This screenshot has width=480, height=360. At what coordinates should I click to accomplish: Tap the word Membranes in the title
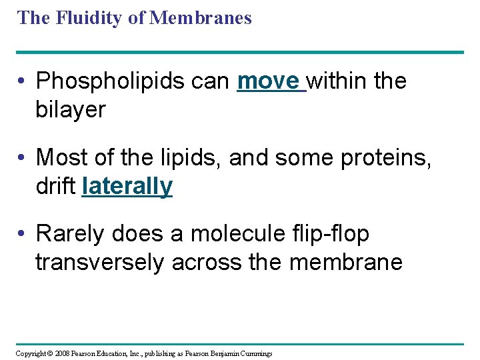(201, 17)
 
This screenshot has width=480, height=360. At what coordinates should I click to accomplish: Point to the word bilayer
(71, 109)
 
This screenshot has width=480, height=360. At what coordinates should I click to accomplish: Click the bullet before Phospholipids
(23, 81)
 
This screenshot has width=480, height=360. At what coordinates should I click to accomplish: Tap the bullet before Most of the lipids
(23, 157)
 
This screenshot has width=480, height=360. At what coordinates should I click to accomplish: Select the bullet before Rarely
(23, 234)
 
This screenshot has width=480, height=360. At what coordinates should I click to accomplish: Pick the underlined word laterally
(127, 186)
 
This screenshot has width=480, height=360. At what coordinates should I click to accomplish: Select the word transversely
(99, 263)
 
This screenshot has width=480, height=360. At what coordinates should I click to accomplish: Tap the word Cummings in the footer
(256, 353)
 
